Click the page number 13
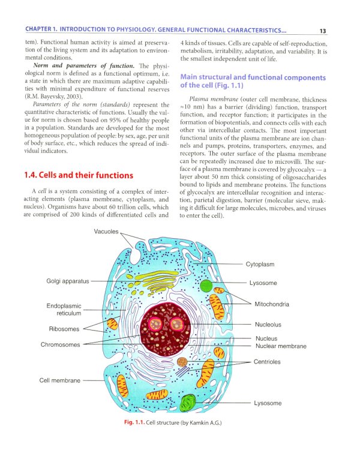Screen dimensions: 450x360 click(x=322, y=31)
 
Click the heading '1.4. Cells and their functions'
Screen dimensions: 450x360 click(x=78, y=175)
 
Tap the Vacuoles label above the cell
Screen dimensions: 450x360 click(x=106, y=232)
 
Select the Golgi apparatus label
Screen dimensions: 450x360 click(x=67, y=281)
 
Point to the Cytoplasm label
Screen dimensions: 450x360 click(x=260, y=264)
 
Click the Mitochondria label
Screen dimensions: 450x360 click(x=271, y=304)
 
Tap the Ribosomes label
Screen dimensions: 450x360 click(x=64, y=329)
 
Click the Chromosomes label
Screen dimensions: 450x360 click(x=60, y=344)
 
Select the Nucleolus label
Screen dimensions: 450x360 click(x=268, y=325)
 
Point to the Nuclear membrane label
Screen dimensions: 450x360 click(x=280, y=346)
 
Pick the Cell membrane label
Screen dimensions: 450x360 click(x=61, y=380)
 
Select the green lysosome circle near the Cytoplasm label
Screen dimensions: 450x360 click(x=206, y=286)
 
